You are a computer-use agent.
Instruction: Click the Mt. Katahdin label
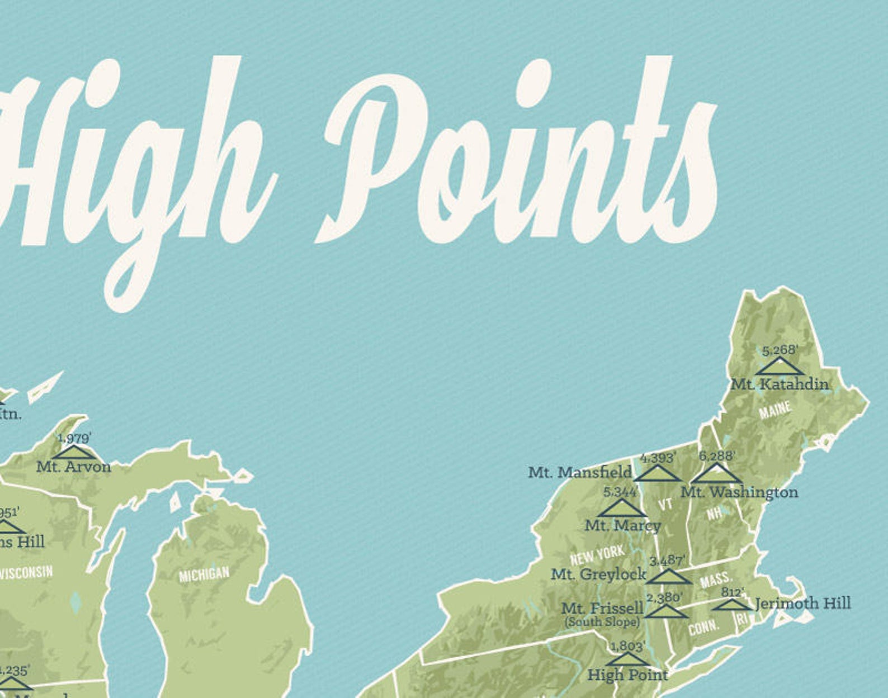780,384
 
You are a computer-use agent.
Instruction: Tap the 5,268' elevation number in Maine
780,350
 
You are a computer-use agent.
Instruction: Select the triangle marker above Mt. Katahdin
780,367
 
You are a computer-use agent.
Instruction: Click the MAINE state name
775,411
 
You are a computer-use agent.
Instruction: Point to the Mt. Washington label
739,492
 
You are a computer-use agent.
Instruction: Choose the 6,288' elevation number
716,456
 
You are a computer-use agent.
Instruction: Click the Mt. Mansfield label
580,473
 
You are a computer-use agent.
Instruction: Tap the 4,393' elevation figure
658,458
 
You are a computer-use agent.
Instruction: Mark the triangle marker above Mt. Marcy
621,508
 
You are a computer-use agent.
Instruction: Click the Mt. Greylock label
598,574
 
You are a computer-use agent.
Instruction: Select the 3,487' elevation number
667,560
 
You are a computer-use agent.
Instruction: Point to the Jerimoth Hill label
803,604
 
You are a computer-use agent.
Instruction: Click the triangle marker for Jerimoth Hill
731,605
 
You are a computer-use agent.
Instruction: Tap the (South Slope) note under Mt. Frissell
602,621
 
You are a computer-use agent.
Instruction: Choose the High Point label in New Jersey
627,675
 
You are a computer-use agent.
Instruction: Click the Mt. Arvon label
74,466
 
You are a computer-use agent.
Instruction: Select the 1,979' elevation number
74,438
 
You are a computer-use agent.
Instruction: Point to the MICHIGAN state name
204,574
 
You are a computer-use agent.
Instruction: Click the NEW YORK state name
598,555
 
